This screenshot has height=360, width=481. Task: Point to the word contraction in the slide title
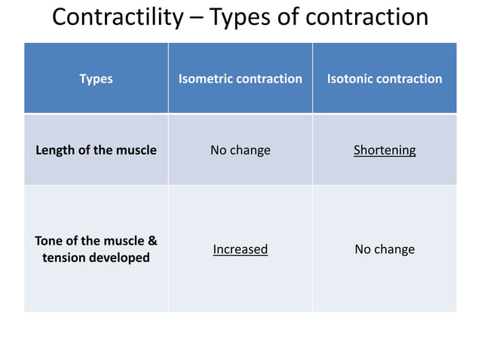coord(367,17)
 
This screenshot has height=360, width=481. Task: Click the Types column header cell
coord(96,78)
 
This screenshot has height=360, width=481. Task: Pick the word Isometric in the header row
coord(204,78)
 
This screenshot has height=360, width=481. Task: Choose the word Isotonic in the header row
coord(350,78)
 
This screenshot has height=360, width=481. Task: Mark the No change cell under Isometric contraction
coord(240,150)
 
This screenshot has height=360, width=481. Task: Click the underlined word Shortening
coord(384,150)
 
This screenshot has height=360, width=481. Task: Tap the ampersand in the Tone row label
coord(152,241)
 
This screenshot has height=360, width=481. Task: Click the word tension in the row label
coord(66,258)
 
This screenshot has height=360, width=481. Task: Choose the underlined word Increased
coord(240,249)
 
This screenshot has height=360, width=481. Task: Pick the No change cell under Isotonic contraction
coord(384,249)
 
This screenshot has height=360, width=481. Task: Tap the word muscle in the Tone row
coord(121,241)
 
